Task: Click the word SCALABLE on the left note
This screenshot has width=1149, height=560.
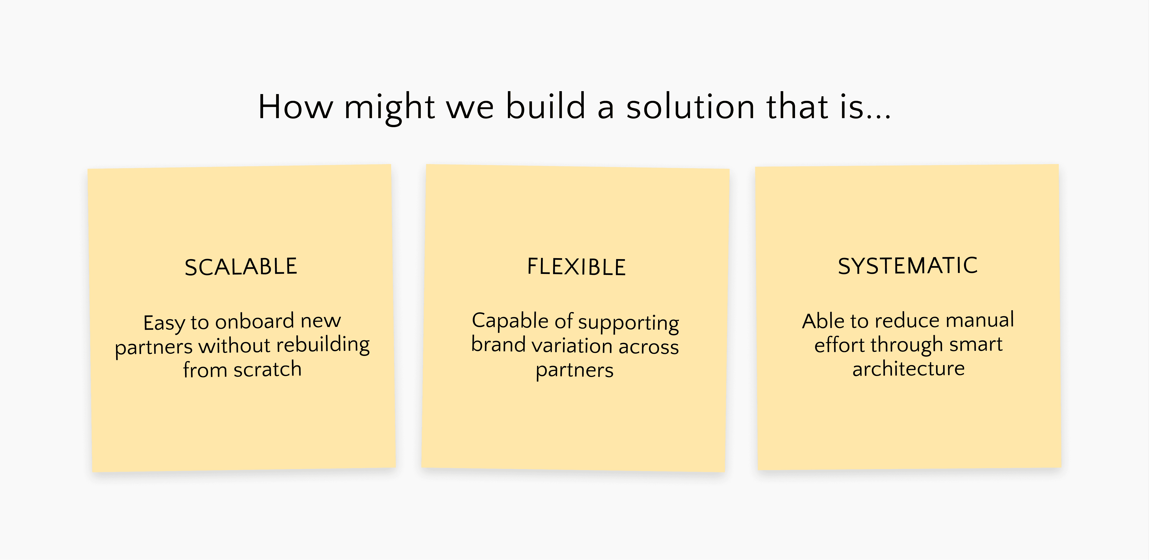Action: coord(241,267)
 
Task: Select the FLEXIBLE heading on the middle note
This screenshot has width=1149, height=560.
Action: coord(576,267)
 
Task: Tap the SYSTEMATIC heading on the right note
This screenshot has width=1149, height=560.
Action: coord(908,266)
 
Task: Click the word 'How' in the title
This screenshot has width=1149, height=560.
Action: coord(296,107)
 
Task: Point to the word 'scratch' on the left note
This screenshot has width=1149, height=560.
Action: coord(268,369)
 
